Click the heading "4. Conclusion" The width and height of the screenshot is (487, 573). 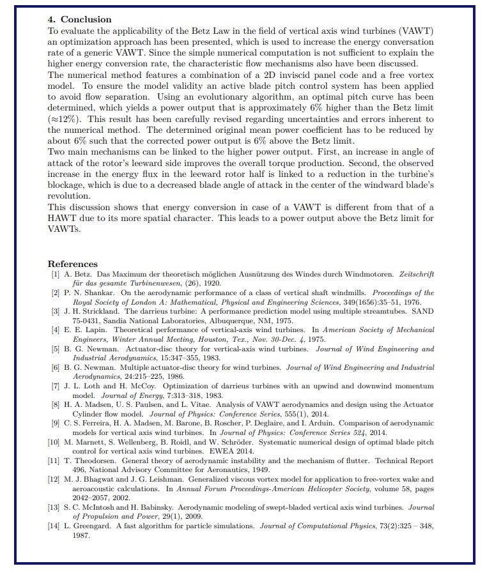pyautogui.click(x=80, y=19)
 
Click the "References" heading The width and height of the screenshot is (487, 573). pyautogui.click(x=73, y=264)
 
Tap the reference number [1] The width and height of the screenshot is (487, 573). pyautogui.click(x=56, y=274)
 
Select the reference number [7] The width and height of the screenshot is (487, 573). pyautogui.click(x=56, y=386)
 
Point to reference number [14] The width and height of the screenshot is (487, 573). pyautogui.click(x=54, y=526)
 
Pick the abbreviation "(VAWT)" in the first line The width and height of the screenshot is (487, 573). pyautogui.click(x=417, y=31)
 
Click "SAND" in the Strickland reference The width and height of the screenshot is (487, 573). pyautogui.click(x=422, y=311)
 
